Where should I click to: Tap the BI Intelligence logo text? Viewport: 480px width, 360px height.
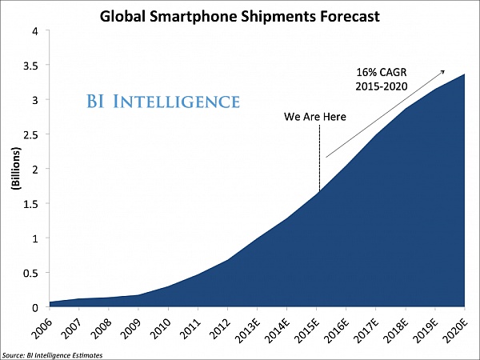163,102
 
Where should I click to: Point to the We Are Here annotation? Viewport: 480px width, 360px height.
315,118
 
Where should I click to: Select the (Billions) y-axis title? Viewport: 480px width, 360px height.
15,169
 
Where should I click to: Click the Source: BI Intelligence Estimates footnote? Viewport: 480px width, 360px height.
51,354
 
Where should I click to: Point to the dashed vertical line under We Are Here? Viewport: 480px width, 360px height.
319,160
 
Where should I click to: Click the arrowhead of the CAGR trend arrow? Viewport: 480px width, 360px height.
442,72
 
